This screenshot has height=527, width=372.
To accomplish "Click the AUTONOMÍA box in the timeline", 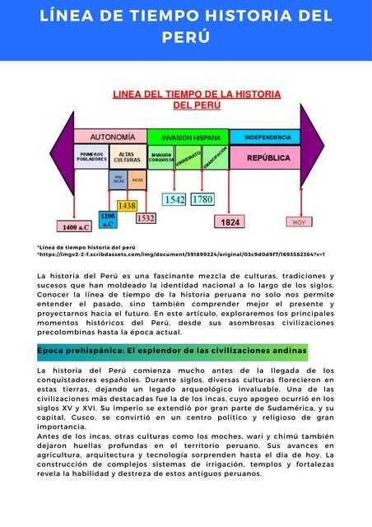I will (x=112, y=136).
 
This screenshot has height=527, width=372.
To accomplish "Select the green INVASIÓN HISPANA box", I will (x=190, y=137).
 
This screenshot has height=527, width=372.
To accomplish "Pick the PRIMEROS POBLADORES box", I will (x=91, y=156).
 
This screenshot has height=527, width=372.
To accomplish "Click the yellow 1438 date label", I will (x=127, y=205).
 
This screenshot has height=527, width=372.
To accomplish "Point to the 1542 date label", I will (x=174, y=199).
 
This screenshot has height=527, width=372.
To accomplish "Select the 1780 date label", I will (x=202, y=199).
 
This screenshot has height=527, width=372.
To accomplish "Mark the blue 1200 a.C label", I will (x=108, y=219).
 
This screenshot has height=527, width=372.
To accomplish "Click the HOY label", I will (x=299, y=222).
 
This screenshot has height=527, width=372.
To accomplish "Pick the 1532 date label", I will (x=145, y=218).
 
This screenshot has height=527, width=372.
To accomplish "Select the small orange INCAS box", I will (x=137, y=180).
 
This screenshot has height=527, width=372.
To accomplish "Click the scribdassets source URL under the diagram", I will (x=181, y=254).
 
